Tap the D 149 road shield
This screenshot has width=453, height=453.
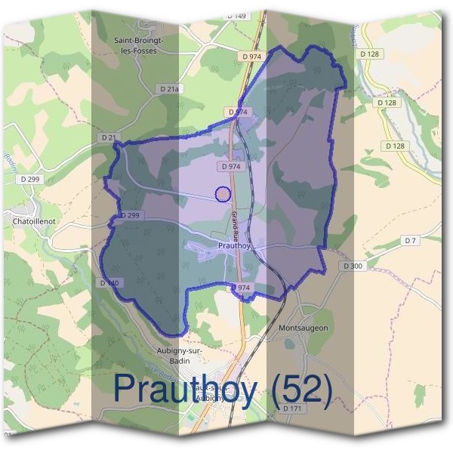click(x=237, y=16)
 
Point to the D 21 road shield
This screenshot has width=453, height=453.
click(x=109, y=137)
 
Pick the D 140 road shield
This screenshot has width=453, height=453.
click(x=109, y=283)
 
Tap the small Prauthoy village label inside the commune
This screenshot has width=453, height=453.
click(x=233, y=245)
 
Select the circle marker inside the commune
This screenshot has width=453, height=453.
click(x=222, y=194)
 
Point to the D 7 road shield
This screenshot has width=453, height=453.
click(x=410, y=240)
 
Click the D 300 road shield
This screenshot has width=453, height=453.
click(x=353, y=266)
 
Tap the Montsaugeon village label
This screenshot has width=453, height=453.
click(x=303, y=328)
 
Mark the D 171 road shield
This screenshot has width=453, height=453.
click(x=292, y=408)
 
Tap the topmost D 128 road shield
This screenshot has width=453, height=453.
click(x=370, y=54)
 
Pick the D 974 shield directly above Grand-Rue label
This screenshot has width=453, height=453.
click(x=232, y=166)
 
